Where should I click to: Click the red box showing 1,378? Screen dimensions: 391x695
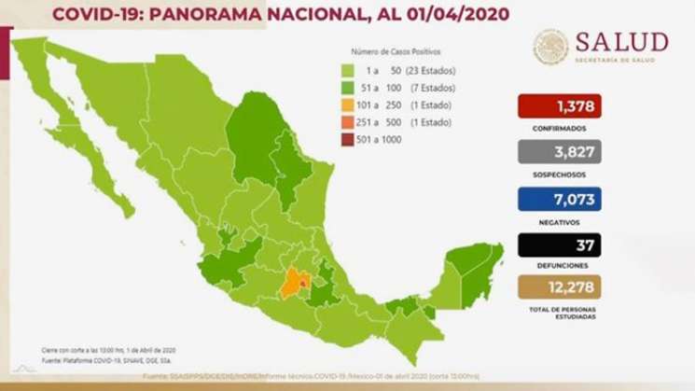click(x=558, y=106)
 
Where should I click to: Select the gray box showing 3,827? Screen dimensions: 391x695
click(x=558, y=152)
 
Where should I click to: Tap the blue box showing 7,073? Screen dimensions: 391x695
click(x=558, y=198)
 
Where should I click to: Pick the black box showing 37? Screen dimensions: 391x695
click(x=558, y=244)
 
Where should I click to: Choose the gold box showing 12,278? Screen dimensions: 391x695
click(x=558, y=286)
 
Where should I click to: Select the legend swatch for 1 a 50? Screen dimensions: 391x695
click(x=346, y=70)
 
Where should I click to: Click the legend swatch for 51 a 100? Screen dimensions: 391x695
click(x=346, y=89)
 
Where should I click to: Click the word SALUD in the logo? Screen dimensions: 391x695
click(x=621, y=42)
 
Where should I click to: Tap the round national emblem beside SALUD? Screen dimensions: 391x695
click(x=550, y=47)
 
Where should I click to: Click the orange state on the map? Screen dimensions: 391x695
click(x=294, y=283)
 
